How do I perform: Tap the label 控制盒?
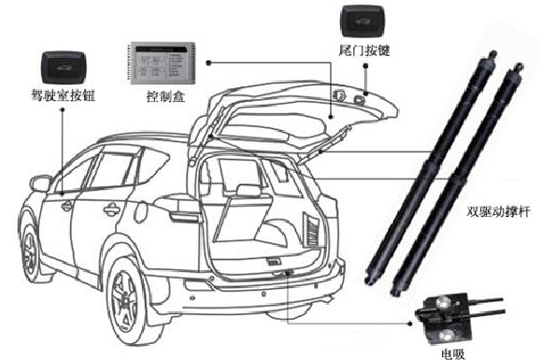pyautogui.click(x=164, y=95)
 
